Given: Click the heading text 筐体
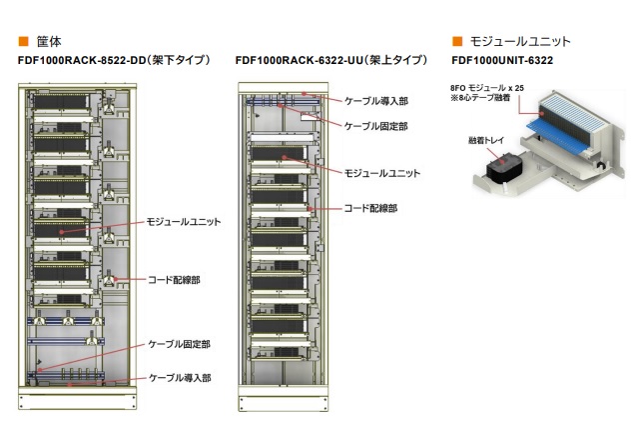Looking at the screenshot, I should (x=49, y=42).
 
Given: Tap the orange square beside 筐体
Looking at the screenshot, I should (x=23, y=42).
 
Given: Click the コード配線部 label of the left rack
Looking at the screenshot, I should (x=174, y=281).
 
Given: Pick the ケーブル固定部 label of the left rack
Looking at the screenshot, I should (x=180, y=343).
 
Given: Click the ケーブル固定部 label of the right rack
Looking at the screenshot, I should (x=376, y=126).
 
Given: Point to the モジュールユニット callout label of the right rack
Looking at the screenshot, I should (x=382, y=173).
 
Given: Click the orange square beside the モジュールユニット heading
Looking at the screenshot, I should (x=457, y=42).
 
